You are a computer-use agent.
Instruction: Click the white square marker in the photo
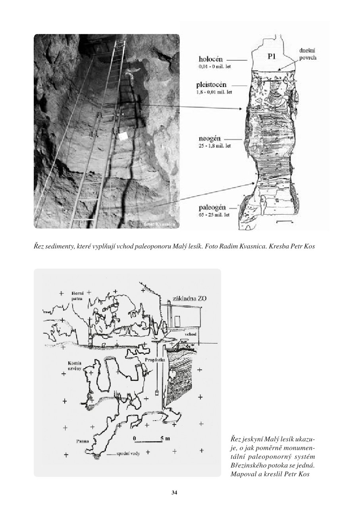(x=123, y=136)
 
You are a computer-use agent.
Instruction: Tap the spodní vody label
(x=128, y=454)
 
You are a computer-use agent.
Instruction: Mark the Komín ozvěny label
(x=75, y=366)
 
